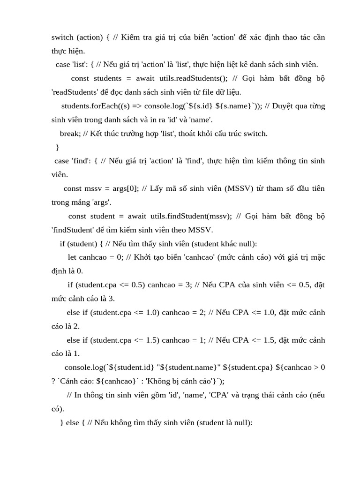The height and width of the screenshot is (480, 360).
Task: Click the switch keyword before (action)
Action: click(x=62, y=37)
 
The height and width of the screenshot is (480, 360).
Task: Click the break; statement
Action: click(x=70, y=134)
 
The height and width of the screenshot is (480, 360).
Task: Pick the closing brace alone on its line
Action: click(x=58, y=147)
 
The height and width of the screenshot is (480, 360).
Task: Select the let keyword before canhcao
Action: click(x=72, y=257)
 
